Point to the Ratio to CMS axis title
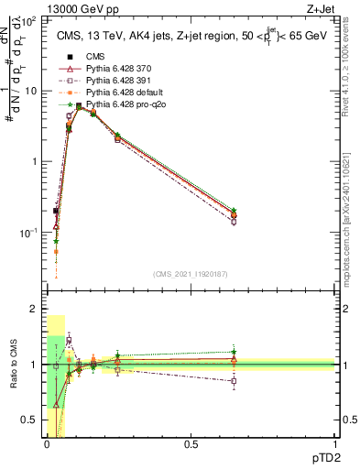click(x=12, y=366)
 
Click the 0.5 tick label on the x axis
click(x=190, y=444)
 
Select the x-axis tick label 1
click(x=334, y=444)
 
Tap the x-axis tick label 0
click(x=46, y=444)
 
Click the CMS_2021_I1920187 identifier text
click(x=190, y=273)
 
